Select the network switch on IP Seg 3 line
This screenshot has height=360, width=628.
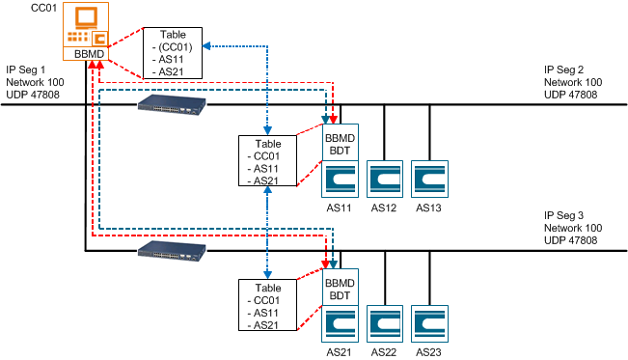coord(172,253)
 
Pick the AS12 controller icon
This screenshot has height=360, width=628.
coord(384,180)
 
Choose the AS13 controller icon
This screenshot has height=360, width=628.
coord(429,180)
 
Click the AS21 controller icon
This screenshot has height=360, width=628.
coord(339,324)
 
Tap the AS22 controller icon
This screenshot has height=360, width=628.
coord(384,324)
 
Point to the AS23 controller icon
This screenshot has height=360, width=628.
coord(429,324)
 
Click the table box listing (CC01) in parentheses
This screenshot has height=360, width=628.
coord(176,52)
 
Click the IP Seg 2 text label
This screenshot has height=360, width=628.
coord(564,69)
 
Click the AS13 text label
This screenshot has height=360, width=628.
coord(429,208)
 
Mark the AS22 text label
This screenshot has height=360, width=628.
coord(384,352)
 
